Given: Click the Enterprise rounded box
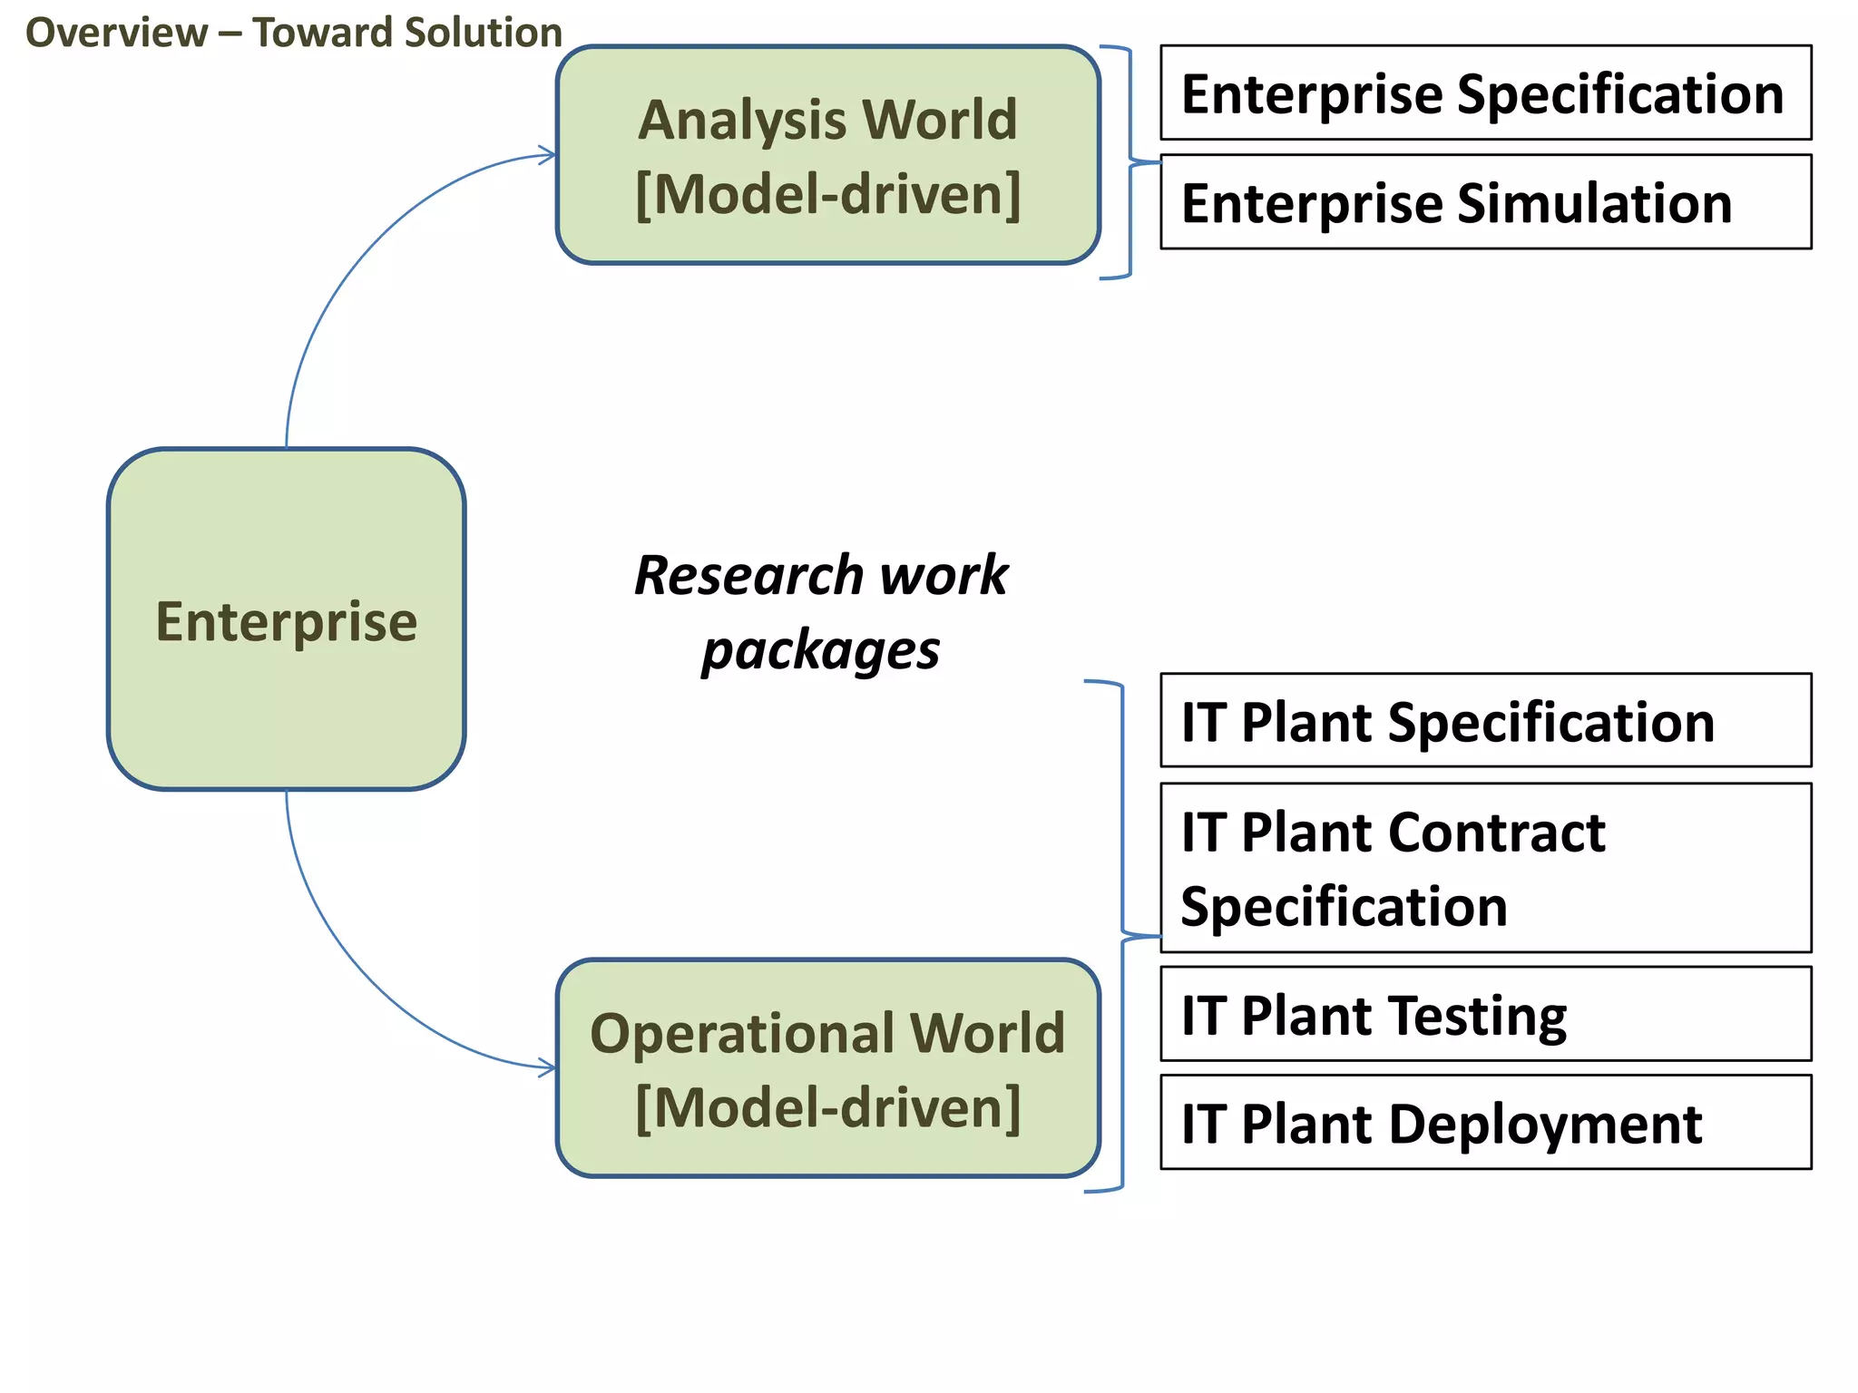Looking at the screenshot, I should coord(286,619).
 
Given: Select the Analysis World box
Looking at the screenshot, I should coord(827,155).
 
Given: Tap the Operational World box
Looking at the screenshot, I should coord(827,1067).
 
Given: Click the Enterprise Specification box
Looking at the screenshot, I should coord(1485,93).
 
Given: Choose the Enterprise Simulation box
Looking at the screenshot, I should coord(1485,201).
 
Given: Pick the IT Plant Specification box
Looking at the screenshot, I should coord(1485,720).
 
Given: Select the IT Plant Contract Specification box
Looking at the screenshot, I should coord(1485,867).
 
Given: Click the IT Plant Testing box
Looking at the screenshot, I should coord(1485,1013).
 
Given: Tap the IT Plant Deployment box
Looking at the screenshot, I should coord(1485,1122).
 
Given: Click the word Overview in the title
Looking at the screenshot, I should coord(116,33).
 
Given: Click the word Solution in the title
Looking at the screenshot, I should coord(484,33).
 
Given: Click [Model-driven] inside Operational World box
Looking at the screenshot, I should coord(827,1106).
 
